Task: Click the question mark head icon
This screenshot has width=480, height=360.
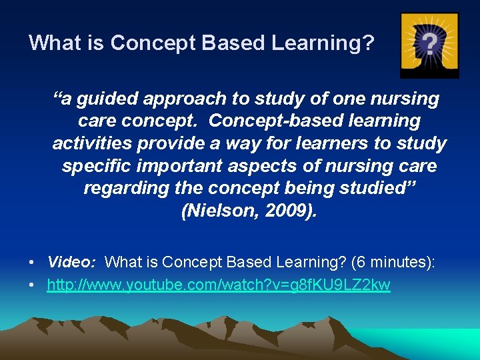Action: (x=429, y=45)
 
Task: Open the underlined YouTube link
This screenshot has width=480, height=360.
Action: (x=219, y=285)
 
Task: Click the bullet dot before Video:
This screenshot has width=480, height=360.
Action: (x=32, y=263)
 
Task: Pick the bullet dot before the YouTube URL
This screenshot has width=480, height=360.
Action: (x=32, y=286)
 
